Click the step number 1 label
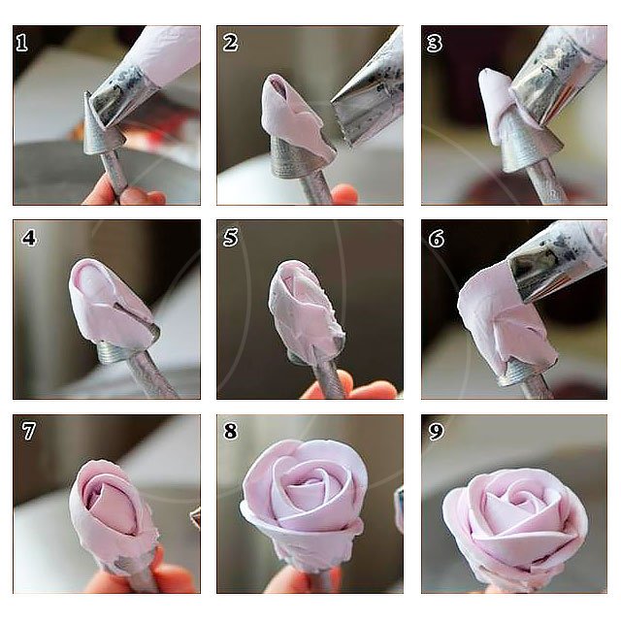pos(21,43)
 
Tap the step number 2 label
pos(230,43)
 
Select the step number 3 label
pos(435,43)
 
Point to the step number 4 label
pos(29,238)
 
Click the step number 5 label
pos(231,238)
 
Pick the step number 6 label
pos(437,239)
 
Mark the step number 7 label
pos(28,431)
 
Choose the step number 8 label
pos(231,431)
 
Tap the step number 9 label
pos(436,431)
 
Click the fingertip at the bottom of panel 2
pos(343,195)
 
